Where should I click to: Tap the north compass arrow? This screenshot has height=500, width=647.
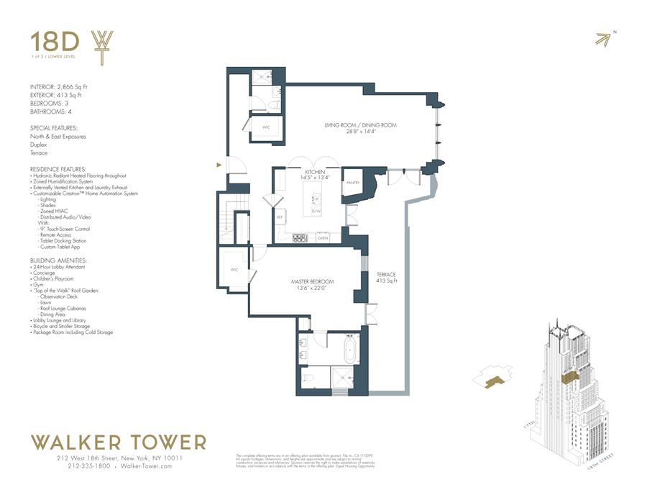pos(606,39)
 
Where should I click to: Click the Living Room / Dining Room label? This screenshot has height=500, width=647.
pos(360,128)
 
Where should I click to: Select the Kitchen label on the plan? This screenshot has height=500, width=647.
pos(313,175)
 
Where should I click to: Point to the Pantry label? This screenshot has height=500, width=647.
pos(352,183)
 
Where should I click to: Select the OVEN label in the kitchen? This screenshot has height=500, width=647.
pos(323,237)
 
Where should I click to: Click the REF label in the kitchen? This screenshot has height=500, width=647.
pos(279,216)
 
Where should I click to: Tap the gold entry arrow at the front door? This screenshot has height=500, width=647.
pos(219,166)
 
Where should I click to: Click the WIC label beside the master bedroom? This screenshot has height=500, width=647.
pos(234,270)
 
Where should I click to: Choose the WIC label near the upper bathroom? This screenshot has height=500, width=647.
pos(265,127)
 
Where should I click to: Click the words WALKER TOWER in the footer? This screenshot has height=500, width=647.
pos(118,442)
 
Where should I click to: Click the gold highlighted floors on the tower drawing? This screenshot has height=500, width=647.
pos(571,378)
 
